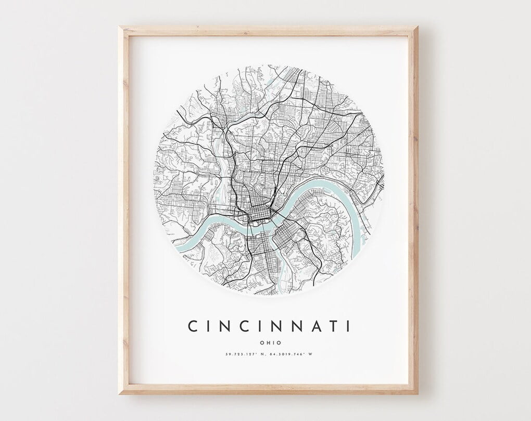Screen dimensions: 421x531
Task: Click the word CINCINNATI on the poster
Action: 269,326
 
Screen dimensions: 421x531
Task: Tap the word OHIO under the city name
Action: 269,343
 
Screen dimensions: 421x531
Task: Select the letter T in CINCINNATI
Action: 332,326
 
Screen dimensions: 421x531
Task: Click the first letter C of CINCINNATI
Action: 192,326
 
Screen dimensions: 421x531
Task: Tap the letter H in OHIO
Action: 265,343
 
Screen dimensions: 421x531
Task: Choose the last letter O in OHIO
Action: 279,343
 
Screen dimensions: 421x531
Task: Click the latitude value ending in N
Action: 245,354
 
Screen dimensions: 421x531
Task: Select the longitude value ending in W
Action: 293,354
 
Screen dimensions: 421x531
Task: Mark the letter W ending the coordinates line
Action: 315,354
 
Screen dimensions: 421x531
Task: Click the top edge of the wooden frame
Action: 269,29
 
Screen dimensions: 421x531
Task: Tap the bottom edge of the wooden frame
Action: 269,390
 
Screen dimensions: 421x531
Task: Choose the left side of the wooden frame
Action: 123,208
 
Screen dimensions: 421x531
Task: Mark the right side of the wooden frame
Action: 414,208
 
